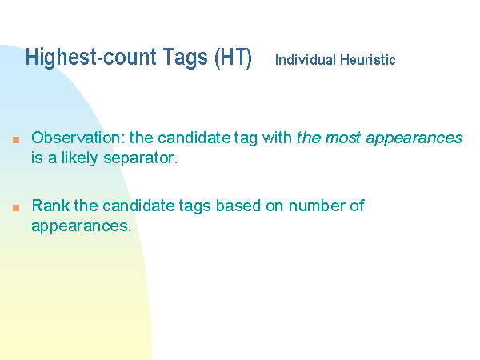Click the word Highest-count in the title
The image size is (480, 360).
[91, 58]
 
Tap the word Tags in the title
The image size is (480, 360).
[186, 58]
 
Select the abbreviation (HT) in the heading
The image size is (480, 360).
[233, 58]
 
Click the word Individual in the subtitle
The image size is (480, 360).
[306, 59]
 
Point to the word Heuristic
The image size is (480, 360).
[368, 59]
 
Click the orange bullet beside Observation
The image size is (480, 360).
[16, 140]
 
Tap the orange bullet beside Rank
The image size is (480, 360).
[16, 208]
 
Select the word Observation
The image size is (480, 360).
[78, 138]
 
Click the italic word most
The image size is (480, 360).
[342, 138]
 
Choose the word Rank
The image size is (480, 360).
[50, 206]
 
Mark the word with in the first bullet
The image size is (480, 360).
[277, 138]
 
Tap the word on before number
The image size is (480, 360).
[274, 206]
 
